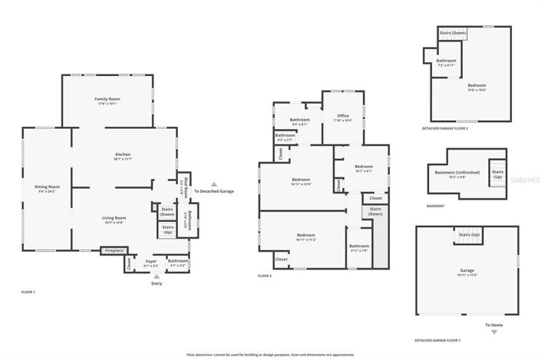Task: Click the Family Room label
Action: coord(107,100)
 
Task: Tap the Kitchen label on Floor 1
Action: coord(124,154)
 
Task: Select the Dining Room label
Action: coord(47,187)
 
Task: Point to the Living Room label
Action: coord(114,219)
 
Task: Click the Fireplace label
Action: coord(114,250)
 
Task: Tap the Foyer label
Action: coord(150,261)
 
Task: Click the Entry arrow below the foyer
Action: coord(157,276)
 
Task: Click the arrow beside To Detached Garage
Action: coord(214,184)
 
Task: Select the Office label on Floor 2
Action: coord(343,116)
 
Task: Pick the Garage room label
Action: coord(467,270)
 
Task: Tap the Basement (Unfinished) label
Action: coord(457,173)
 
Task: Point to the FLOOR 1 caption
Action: coord(28,292)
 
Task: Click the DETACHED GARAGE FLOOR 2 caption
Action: coord(444,128)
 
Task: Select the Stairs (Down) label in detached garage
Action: coord(453,33)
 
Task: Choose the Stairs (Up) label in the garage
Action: coord(469,234)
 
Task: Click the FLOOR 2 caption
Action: coord(265,276)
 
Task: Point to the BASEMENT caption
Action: coord(434,206)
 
